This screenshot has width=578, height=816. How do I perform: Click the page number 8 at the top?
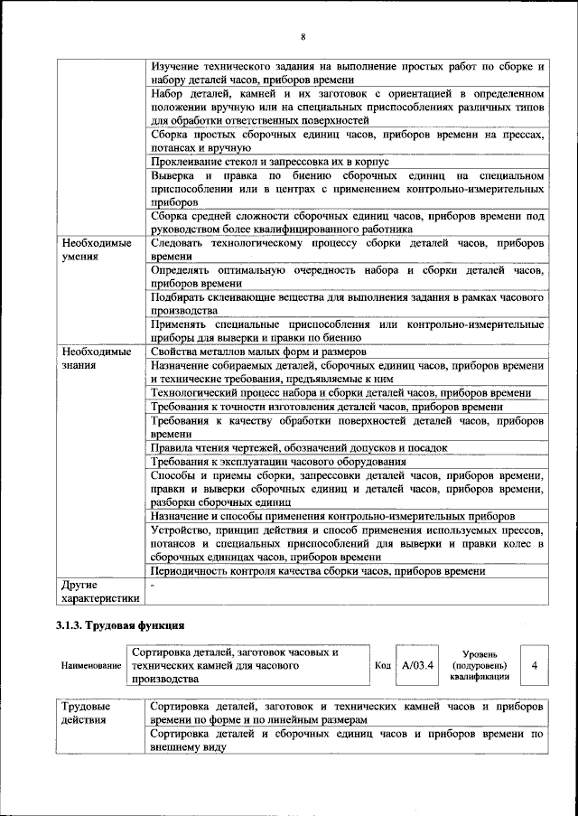303,36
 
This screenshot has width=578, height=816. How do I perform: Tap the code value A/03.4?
417,665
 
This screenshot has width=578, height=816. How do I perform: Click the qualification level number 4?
535,665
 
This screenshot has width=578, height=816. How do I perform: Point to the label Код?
383,665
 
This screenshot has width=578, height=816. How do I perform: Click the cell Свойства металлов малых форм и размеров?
257,352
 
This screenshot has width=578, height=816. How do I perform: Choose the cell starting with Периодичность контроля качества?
318,571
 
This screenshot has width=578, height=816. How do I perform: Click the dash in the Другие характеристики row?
153,586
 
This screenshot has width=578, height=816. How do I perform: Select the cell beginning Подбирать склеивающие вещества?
347,304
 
